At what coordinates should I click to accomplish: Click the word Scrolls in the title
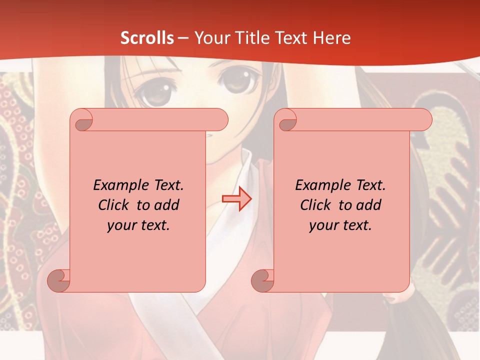point(147,38)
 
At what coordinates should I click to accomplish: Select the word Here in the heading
point(332,38)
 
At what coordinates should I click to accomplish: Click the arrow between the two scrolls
point(237,199)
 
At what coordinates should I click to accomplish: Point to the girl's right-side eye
point(234,83)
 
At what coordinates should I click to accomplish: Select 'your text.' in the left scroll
point(138,225)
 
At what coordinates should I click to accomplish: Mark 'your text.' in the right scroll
point(340,225)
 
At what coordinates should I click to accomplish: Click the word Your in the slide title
point(209,38)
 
